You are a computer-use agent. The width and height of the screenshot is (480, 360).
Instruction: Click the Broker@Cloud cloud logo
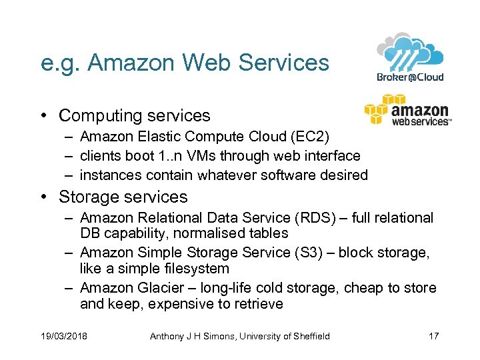pyautogui.click(x=410, y=57)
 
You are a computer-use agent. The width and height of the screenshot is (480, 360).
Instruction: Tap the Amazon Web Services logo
pyautogui.click(x=407, y=111)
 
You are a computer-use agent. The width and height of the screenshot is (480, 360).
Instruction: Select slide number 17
pyautogui.click(x=433, y=335)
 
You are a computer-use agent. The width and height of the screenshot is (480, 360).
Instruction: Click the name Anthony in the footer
pyautogui.click(x=165, y=335)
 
